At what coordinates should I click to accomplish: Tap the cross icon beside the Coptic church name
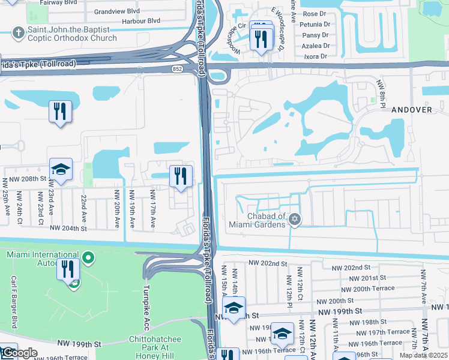[x=19, y=31]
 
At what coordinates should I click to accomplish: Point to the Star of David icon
[x=294, y=220]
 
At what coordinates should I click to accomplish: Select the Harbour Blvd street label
[x=137, y=20]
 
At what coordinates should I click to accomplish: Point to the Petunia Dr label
[x=316, y=25]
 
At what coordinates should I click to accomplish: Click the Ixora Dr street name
[x=316, y=56]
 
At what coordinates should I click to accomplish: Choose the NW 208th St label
[x=24, y=179]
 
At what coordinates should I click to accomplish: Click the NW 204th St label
[x=68, y=228]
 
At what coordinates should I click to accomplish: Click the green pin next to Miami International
[x=88, y=258]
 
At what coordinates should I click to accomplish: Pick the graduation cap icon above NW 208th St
[x=61, y=170]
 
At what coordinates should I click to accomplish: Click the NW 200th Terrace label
[x=378, y=289]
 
